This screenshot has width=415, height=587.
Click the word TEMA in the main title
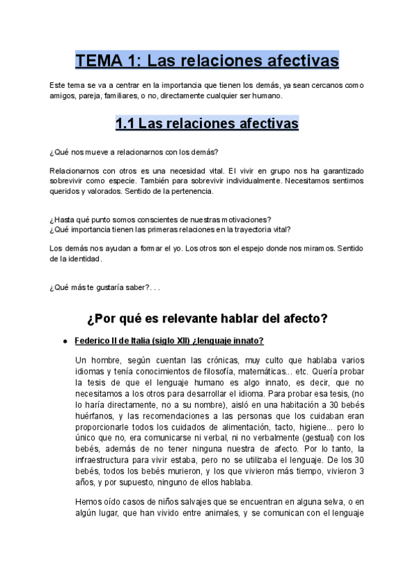(x=98, y=61)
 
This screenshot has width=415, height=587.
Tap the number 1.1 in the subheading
(x=124, y=124)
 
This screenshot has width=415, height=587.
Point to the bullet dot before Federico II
(x=64, y=341)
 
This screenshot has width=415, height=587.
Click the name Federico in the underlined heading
(x=94, y=341)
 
